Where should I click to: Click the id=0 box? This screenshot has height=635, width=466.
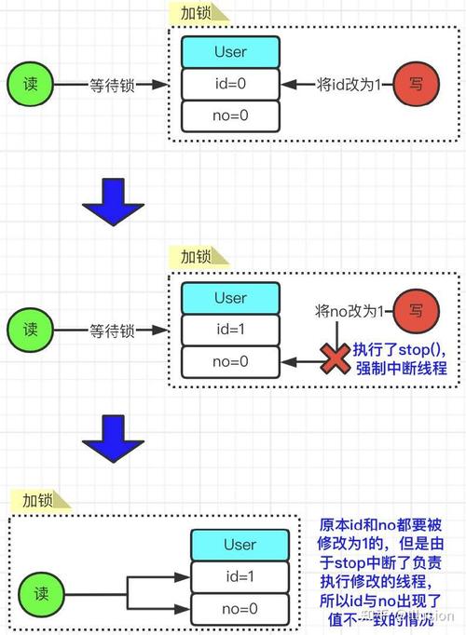229,84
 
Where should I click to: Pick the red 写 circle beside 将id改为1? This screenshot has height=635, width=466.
416,84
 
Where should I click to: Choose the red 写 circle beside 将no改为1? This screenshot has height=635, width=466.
416,310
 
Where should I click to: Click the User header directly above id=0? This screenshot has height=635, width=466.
229,52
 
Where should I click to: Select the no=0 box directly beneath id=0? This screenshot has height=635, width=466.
229,115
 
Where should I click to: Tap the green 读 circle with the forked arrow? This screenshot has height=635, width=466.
43,592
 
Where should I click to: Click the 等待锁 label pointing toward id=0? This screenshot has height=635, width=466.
112,84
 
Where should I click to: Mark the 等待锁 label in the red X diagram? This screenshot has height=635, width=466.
112,330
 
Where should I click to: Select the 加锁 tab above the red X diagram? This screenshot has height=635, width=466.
195,256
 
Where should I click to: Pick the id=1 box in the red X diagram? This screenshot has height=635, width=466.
229,330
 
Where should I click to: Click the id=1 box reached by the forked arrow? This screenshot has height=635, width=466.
240,576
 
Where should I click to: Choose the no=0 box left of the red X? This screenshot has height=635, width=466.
229,361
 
